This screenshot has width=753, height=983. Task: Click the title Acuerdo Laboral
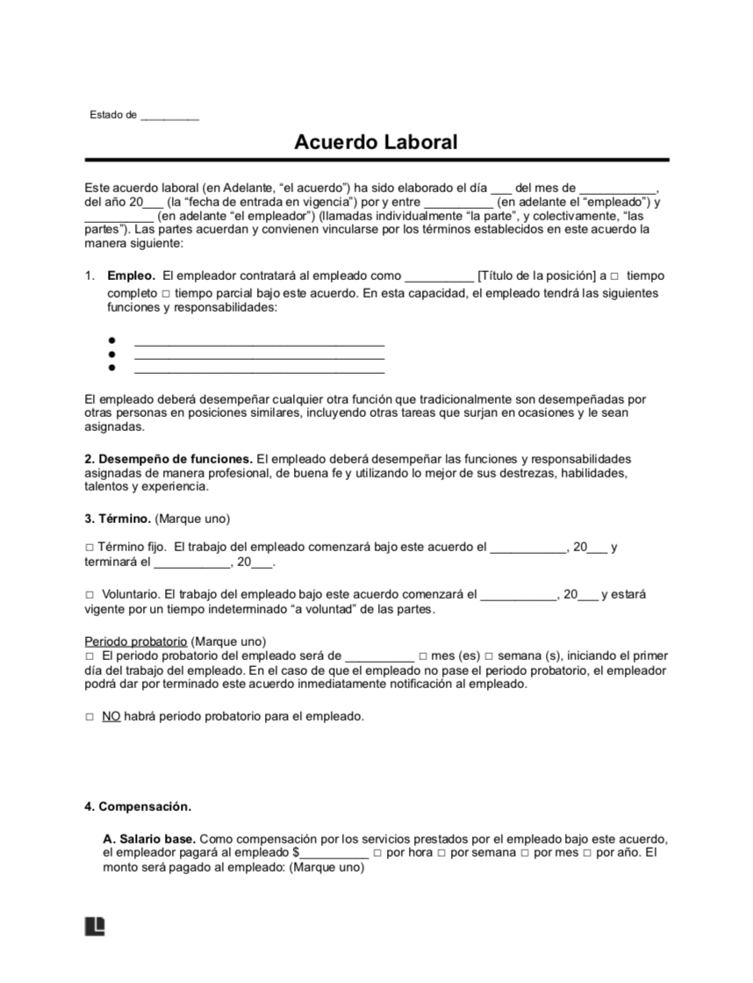coord(376,142)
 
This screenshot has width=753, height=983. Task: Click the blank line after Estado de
coord(169,116)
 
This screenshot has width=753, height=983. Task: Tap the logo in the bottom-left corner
coord(95,927)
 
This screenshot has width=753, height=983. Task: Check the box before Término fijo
coord(89,548)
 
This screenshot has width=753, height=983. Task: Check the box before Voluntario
coord(89,594)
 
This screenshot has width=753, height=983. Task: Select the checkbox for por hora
coord(376,853)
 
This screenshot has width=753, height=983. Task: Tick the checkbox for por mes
coord(524,853)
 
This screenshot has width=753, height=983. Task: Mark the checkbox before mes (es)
coord(423,657)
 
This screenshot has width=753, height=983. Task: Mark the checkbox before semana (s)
coord(489,657)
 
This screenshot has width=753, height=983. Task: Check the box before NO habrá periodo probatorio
coord(89,717)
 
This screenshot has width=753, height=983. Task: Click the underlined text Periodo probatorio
coord(135,642)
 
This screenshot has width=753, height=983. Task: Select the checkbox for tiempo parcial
coord(166,293)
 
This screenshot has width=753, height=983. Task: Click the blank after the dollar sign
coord(333,853)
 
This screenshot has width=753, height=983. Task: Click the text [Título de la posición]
coord(536,276)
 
